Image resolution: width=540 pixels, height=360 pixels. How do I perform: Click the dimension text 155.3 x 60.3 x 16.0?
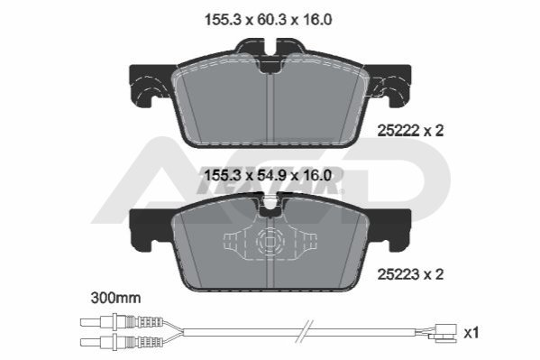point(269,20)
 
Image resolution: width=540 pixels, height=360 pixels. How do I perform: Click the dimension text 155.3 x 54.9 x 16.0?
point(268,176)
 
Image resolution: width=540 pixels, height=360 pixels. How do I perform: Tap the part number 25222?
point(398,131)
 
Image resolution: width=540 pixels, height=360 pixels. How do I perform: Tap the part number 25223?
point(398,275)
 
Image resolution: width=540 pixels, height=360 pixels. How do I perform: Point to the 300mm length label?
point(115,298)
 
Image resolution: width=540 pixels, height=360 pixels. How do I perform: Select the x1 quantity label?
point(471,334)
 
